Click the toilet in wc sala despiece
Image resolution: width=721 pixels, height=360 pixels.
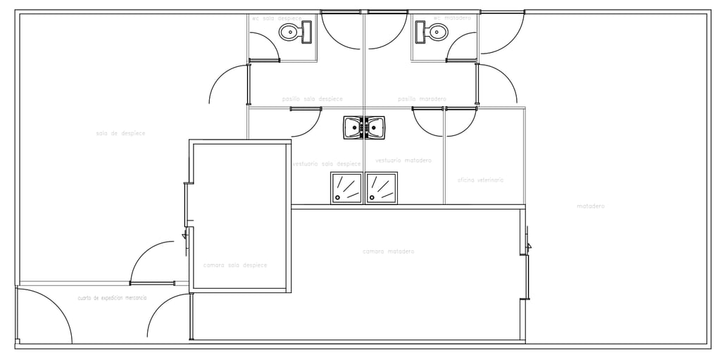tap(295, 32)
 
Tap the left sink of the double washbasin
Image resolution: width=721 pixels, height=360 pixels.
tap(353, 128)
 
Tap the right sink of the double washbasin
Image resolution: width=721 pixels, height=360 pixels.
tap(375, 128)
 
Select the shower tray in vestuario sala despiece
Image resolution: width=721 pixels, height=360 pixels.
tap(346, 188)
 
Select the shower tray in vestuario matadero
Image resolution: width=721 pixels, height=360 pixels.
tap(381, 188)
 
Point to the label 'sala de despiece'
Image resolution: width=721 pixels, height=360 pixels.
tap(120, 133)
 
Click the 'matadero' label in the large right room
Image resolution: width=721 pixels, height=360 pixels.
tap(591, 206)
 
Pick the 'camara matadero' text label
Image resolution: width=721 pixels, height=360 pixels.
tap(388, 252)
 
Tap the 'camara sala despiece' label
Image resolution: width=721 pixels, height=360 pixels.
tap(235, 266)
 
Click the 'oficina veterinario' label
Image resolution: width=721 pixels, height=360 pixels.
tap(481, 180)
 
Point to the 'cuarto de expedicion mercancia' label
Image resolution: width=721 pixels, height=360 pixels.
tap(112, 299)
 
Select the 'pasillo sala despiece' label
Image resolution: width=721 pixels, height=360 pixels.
tap(313, 99)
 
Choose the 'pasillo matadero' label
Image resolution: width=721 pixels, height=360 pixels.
tap(422, 99)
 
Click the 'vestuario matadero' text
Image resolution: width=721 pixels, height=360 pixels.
tap(403, 161)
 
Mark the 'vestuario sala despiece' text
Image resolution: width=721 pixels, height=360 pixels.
tap(327, 164)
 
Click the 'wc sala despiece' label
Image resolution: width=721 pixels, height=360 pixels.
tap(277, 18)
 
